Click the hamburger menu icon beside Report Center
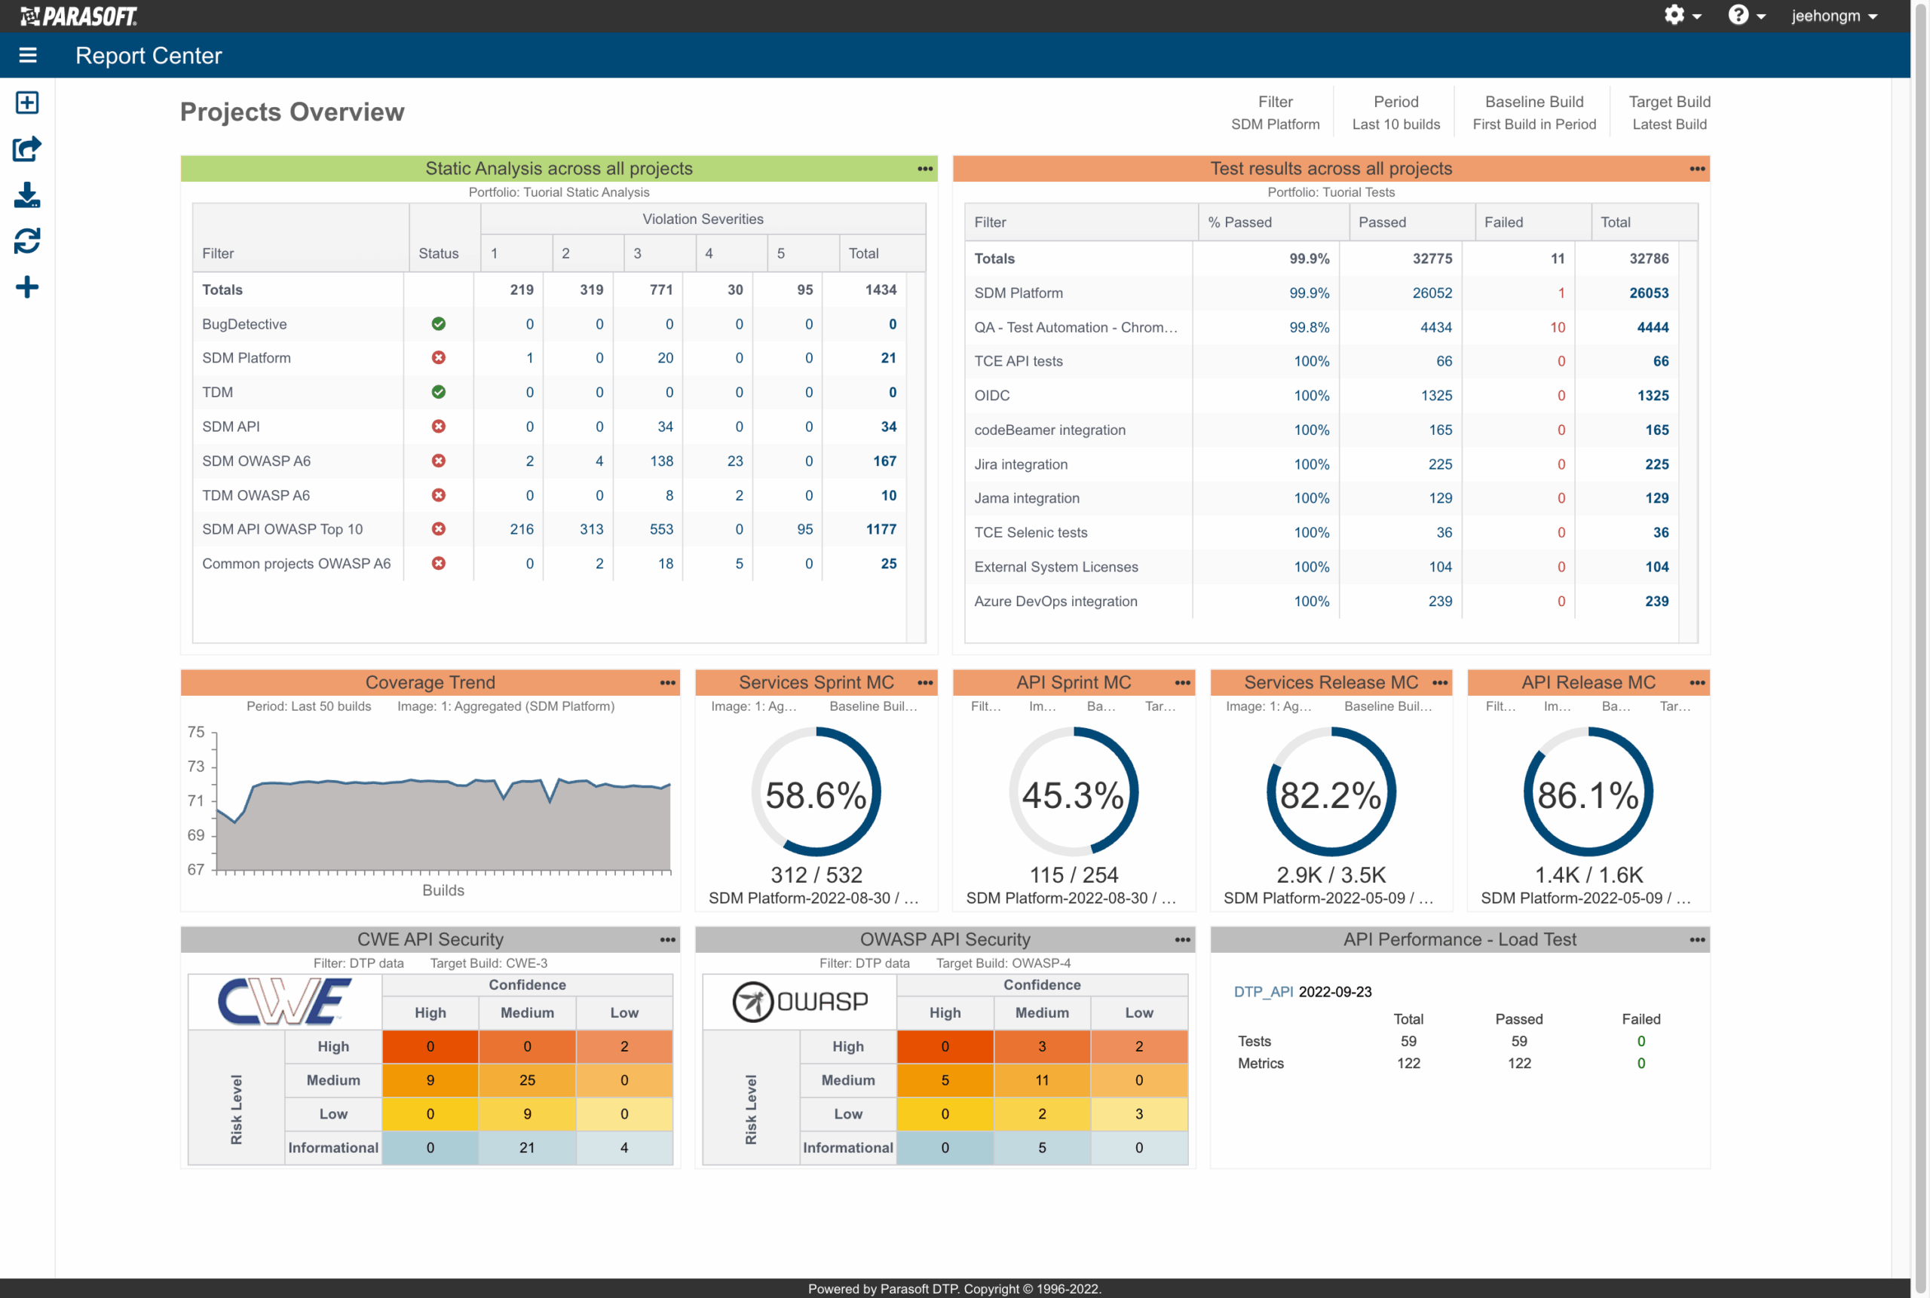[27, 56]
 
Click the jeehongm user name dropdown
[1832, 16]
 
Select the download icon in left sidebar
[26, 195]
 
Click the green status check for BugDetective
[438, 323]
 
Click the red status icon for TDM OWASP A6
[438, 495]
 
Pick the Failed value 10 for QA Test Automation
[1557, 327]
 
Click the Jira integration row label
[1020, 464]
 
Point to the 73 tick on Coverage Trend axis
[196, 767]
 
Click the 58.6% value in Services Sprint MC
[815, 795]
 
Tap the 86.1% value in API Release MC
[1587, 795]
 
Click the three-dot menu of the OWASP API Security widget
[1181, 939]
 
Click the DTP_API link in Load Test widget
[1263, 992]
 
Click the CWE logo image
[284, 1002]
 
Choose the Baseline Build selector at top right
[1533, 112]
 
